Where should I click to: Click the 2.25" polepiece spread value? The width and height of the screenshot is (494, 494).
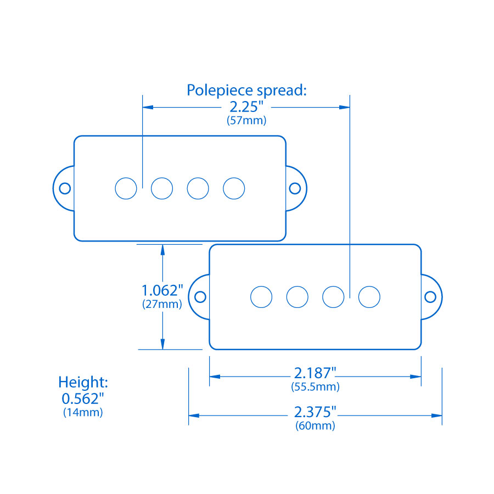(x=246, y=106)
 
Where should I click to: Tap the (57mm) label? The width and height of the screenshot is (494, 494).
(x=246, y=121)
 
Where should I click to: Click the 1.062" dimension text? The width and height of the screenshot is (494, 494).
(x=162, y=290)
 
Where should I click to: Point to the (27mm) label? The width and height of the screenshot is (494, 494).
(x=162, y=304)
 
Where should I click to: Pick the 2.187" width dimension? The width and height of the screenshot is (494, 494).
(x=315, y=373)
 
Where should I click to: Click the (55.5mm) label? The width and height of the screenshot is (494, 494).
(x=315, y=387)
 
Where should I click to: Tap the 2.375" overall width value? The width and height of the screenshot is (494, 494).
(x=315, y=412)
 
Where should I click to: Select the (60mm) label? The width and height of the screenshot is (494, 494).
(x=315, y=425)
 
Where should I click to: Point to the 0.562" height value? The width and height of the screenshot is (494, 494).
(x=83, y=398)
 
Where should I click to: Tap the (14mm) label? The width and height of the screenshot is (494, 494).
(x=83, y=412)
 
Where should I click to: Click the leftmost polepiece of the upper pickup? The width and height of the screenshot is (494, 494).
(x=126, y=188)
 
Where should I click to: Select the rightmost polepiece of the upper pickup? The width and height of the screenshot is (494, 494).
(x=234, y=188)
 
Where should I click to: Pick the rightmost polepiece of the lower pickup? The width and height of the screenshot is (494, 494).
(x=369, y=297)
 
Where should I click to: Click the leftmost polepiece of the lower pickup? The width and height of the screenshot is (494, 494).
(x=261, y=297)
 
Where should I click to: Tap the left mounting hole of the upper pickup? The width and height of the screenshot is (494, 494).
(x=65, y=188)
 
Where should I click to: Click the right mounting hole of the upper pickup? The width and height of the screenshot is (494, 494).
(x=295, y=188)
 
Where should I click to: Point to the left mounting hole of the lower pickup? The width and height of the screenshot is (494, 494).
(x=200, y=297)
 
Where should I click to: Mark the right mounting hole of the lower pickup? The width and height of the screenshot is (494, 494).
(x=431, y=297)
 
